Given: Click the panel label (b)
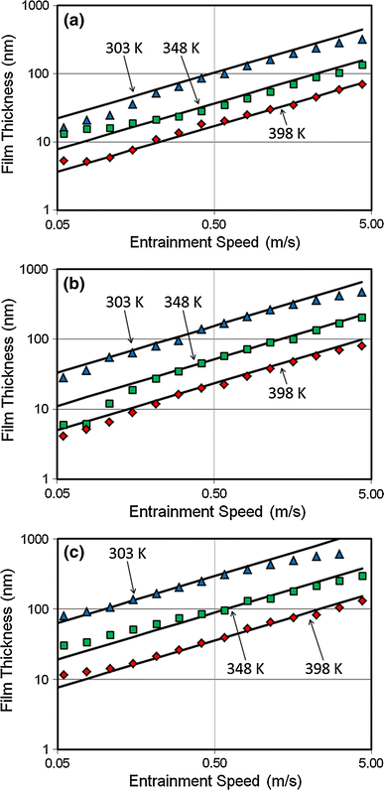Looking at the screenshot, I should click(78, 286).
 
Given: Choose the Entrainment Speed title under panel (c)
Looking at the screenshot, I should click(214, 780).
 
